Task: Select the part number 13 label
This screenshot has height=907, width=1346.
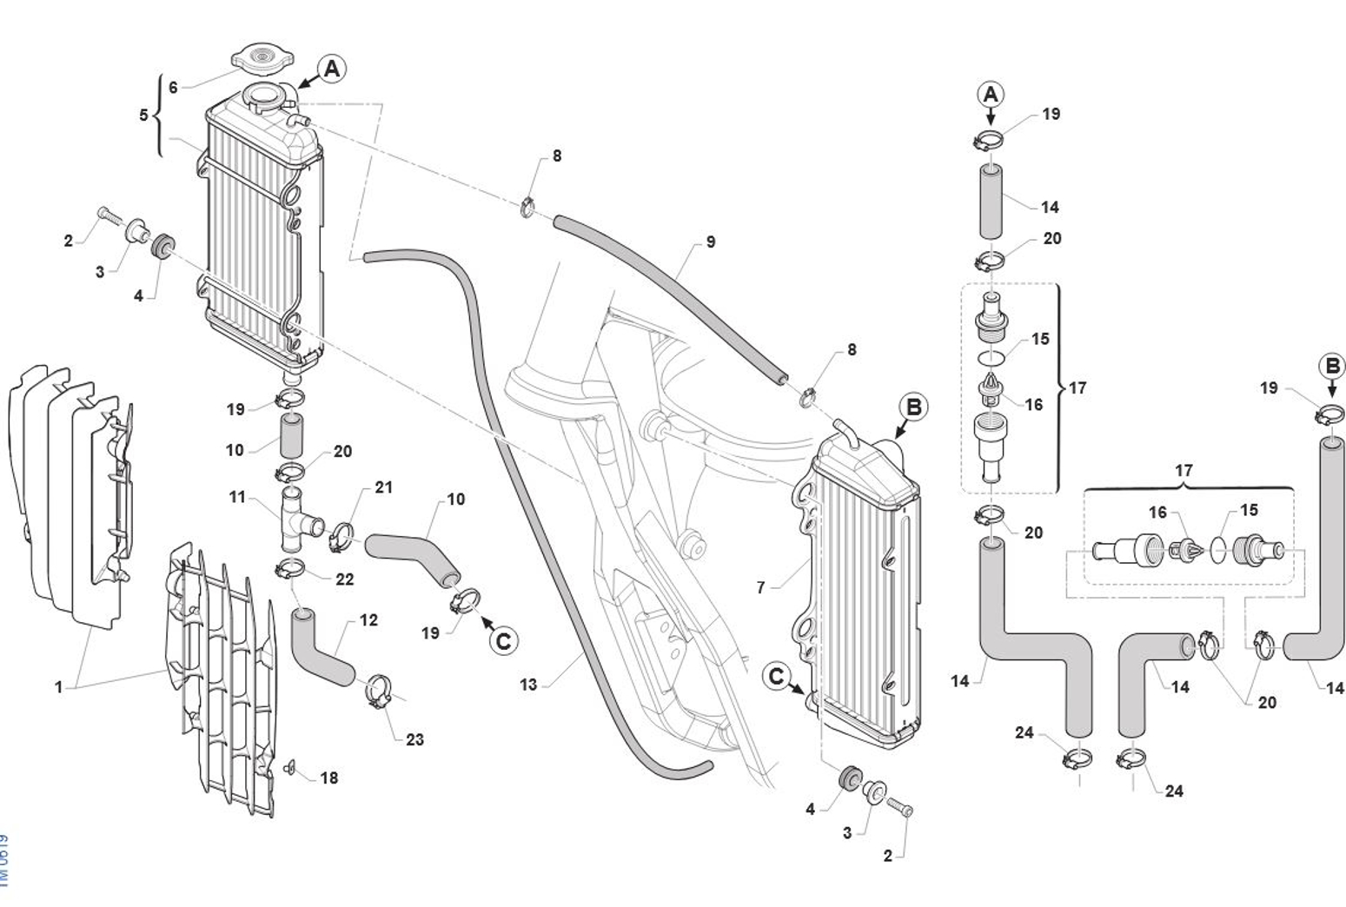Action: click(x=528, y=685)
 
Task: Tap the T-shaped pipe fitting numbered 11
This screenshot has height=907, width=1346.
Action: click(x=293, y=520)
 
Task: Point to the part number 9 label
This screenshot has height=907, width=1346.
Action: click(x=710, y=242)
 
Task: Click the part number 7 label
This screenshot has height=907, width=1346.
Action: click(x=760, y=588)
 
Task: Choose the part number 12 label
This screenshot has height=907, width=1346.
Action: click(x=368, y=620)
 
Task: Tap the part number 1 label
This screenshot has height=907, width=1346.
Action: click(x=58, y=687)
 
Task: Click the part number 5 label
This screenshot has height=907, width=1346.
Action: click(x=144, y=115)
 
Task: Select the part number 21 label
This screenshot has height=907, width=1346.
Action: click(x=383, y=487)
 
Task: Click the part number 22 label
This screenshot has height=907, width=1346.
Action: click(x=344, y=579)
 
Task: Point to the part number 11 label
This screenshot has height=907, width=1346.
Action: click(x=238, y=498)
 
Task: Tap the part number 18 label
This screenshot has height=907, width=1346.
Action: click(x=328, y=778)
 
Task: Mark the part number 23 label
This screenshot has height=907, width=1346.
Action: click(x=414, y=739)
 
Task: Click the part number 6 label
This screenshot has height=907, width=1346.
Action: click(x=173, y=88)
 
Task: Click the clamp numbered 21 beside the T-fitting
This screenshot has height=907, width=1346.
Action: click(x=340, y=535)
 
